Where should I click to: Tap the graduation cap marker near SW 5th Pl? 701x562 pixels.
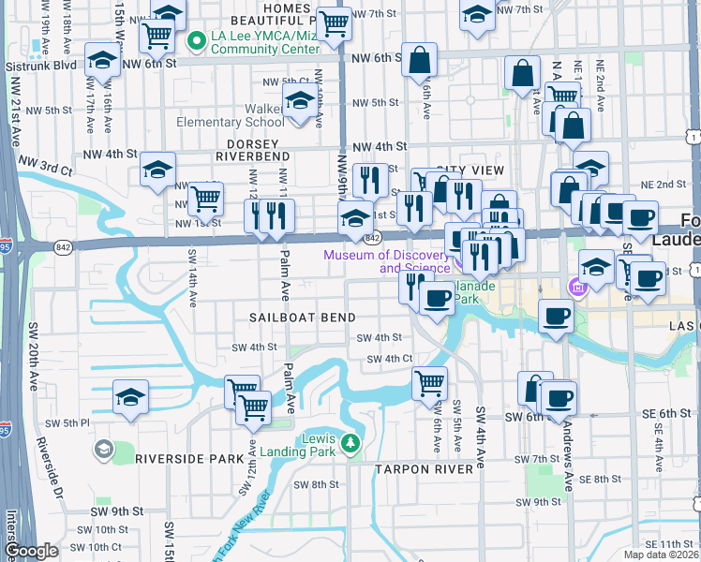point(131,396)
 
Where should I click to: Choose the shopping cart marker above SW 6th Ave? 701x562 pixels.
point(429,381)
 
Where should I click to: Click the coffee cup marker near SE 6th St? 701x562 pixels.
point(559,397)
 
